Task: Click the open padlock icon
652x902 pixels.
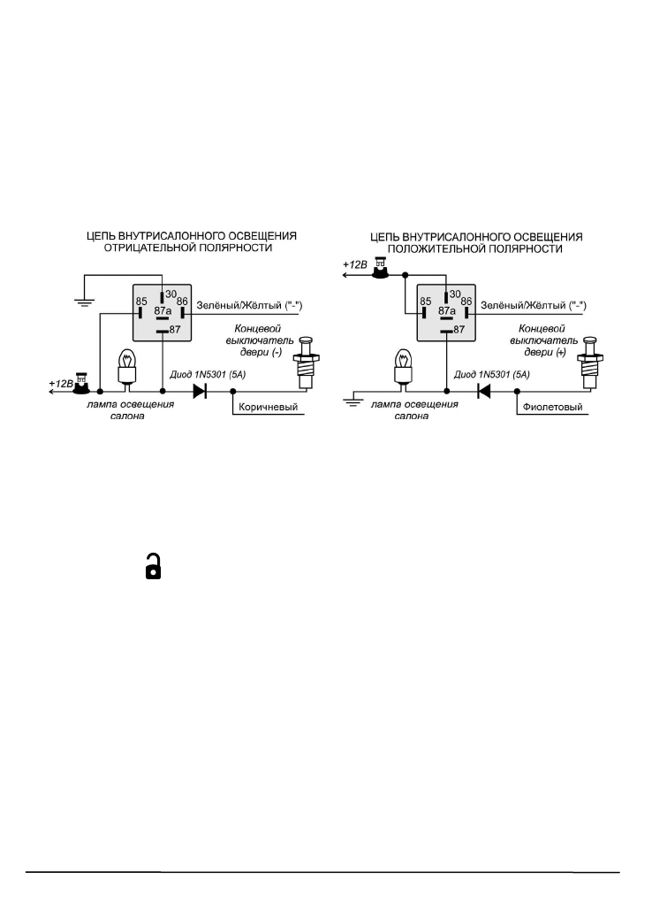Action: click(x=154, y=567)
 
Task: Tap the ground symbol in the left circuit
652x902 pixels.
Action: click(x=83, y=302)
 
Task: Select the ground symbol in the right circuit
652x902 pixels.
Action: click(x=351, y=401)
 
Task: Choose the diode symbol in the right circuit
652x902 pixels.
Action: click(x=482, y=389)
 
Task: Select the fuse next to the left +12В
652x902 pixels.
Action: click(x=82, y=383)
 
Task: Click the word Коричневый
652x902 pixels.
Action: click(x=269, y=408)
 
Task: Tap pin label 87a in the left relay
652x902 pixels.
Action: click(x=162, y=311)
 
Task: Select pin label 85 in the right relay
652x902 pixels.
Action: click(x=424, y=301)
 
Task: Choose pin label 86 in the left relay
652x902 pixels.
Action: click(x=182, y=301)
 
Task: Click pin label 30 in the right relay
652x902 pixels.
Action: click(x=455, y=294)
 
